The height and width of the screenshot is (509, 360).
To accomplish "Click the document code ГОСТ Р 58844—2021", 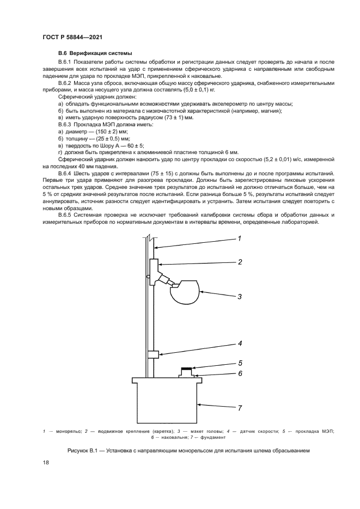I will tap(72, 36).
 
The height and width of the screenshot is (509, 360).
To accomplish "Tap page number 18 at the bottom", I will tap(46, 463).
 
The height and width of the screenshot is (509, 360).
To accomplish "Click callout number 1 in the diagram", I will tap(239, 238).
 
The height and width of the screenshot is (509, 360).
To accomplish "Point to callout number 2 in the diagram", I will tap(239, 262).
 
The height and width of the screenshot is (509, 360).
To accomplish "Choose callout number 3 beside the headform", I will tap(239, 296).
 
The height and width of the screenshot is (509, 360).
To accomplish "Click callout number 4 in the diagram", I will tap(239, 343).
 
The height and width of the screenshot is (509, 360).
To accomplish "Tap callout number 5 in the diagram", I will tap(239, 363).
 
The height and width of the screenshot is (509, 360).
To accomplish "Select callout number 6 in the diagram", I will tap(239, 373).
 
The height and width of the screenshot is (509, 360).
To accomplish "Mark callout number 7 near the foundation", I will tap(239, 407).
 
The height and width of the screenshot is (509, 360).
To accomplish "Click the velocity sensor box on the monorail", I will tap(153, 354).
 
